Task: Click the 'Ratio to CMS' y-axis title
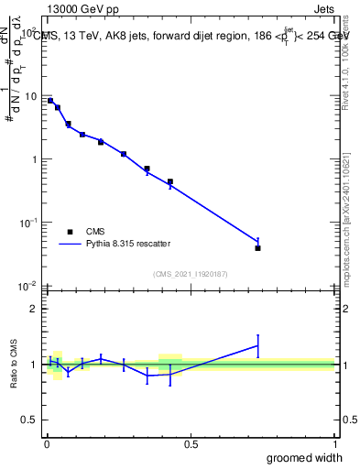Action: coord(15,365)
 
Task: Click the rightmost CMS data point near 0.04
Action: coord(257,248)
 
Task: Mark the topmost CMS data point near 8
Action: coord(50,101)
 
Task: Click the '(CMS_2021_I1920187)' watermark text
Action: coord(190,272)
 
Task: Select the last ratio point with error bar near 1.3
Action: coord(257,346)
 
